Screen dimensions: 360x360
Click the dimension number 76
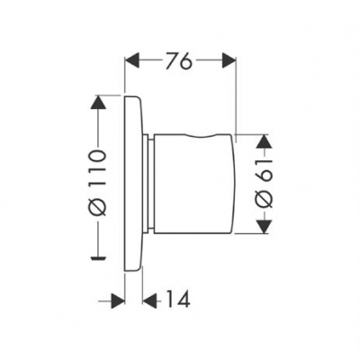click(x=179, y=61)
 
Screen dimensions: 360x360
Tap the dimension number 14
click(x=177, y=299)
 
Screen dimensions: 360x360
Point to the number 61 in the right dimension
click(x=264, y=170)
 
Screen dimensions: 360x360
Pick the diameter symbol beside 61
click(x=264, y=199)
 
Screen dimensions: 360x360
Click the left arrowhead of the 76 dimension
click(x=132, y=60)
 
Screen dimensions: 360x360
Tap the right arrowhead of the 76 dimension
click(x=229, y=60)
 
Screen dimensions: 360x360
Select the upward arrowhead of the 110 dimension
click(x=98, y=103)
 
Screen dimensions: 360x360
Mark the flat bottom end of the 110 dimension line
click(x=98, y=257)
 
